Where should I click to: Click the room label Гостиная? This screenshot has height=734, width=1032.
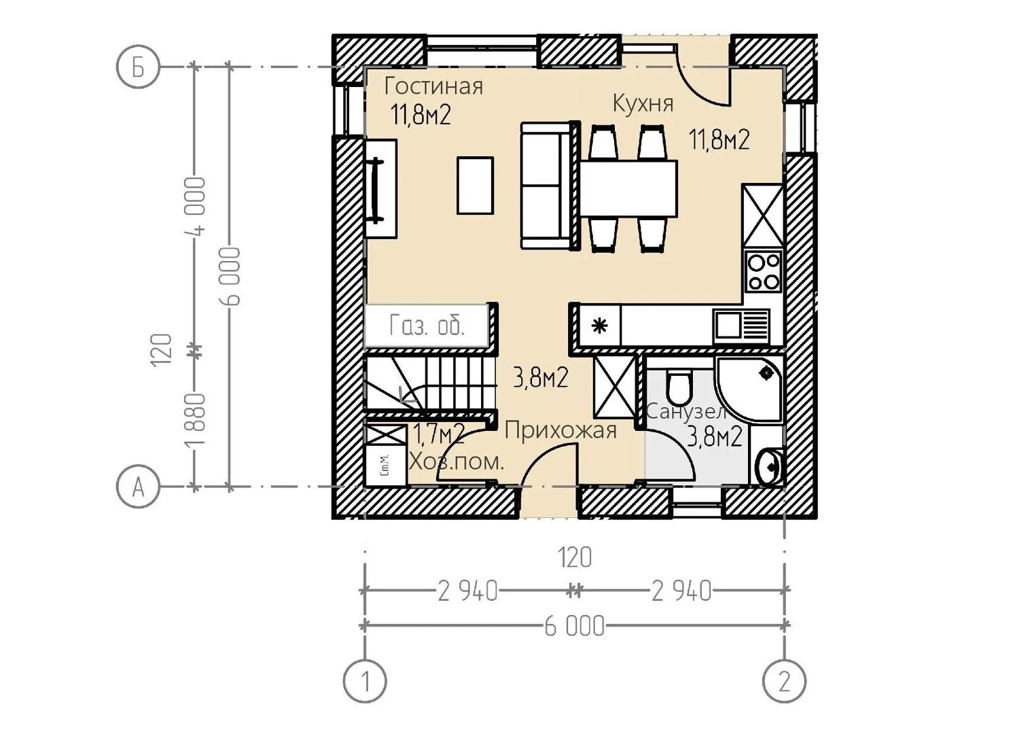[433, 86]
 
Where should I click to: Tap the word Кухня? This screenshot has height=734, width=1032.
[643, 104]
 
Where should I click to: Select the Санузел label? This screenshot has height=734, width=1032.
[686, 411]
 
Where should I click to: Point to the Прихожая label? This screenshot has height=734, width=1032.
[561, 432]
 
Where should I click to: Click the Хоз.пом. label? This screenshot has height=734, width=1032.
[457, 461]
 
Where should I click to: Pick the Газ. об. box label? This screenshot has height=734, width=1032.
[427, 326]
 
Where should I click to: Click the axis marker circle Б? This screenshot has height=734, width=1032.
[138, 67]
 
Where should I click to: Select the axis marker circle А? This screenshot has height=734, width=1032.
[138, 487]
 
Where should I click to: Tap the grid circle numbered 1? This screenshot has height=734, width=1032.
[365, 681]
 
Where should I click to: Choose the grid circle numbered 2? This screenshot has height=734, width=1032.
[784, 681]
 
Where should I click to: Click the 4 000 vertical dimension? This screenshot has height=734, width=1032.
[196, 206]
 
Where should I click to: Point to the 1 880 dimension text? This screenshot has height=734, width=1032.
[196, 420]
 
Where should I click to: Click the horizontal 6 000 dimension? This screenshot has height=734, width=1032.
[574, 627]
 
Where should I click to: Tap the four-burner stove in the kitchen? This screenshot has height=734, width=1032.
[764, 271]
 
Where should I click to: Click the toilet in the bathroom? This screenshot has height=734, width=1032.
[679, 386]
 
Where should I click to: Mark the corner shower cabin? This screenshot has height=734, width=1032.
[749, 390]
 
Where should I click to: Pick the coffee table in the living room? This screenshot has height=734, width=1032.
[475, 186]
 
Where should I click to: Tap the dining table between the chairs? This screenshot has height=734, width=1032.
[628, 188]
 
